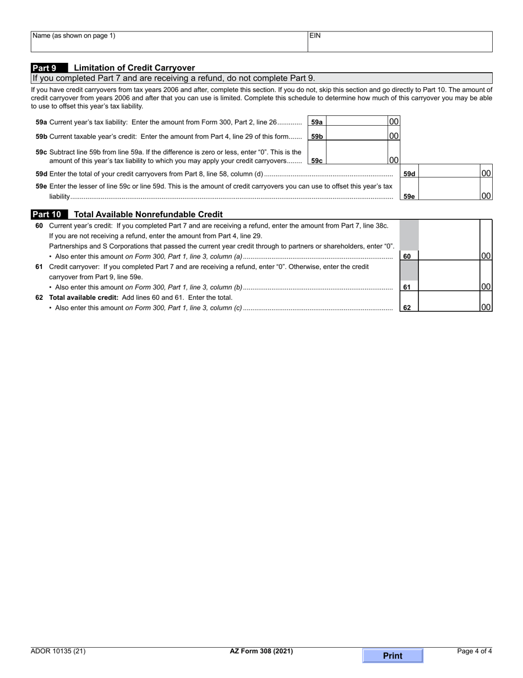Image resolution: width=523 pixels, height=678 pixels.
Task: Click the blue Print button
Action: pos(393,655)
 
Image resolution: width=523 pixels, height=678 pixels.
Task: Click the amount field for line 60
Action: pos(449,240)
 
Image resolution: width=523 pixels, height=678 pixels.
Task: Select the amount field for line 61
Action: pos(449,276)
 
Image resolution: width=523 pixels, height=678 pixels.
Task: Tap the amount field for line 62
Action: pos(449,302)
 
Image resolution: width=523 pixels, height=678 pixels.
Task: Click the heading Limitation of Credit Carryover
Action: pos(134,68)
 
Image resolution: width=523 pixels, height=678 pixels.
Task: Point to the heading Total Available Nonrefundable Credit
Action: pos(148,214)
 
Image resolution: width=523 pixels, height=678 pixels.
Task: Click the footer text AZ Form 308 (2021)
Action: pos(261,651)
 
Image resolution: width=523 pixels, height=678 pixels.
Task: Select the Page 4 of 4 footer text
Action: pos(475,651)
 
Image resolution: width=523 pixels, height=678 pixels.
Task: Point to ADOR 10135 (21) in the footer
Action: pos(58,651)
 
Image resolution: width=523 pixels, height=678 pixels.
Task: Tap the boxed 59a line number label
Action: pos(317,122)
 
